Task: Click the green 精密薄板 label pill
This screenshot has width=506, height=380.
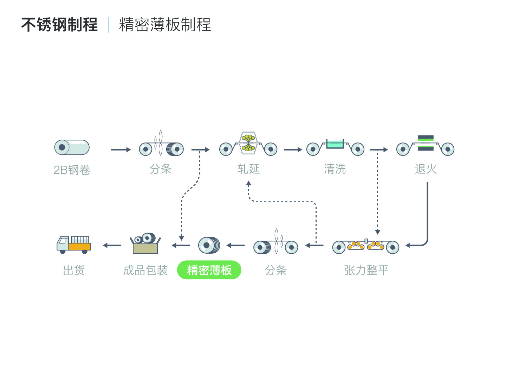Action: [209, 270]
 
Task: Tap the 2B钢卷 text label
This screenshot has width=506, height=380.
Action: [72, 170]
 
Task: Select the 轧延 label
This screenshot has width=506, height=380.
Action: [249, 169]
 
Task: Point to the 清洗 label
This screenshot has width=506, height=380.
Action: [335, 169]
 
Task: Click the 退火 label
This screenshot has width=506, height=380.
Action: [426, 169]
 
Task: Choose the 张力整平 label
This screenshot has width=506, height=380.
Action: [366, 270]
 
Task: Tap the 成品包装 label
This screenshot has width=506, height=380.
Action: [145, 270]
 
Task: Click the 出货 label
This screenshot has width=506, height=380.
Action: [74, 270]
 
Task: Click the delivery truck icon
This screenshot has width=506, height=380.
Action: [74, 245]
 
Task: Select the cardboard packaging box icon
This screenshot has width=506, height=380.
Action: [145, 243]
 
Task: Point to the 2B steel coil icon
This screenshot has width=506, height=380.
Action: [72, 147]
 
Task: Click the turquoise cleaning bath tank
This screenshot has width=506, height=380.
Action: [335, 144]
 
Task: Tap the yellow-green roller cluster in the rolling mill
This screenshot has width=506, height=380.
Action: [248, 143]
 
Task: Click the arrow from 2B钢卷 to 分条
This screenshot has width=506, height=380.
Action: [121, 150]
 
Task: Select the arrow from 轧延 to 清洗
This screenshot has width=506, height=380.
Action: [293, 150]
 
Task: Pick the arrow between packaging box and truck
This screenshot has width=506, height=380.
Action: [112, 245]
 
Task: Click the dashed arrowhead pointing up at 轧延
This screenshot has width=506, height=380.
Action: [248, 183]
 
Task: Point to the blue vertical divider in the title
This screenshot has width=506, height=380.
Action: [109, 25]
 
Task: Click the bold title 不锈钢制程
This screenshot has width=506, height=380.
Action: [59, 25]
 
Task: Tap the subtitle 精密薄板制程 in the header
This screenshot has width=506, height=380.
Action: [165, 25]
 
